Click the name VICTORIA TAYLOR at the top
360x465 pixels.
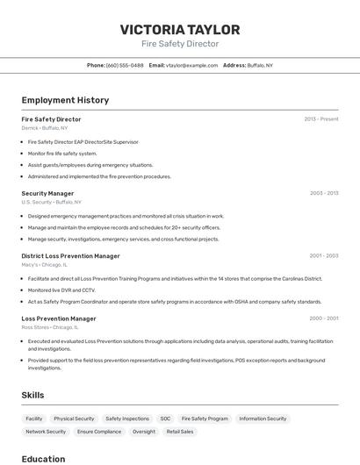point(180,29)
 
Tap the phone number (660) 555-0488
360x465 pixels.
point(125,65)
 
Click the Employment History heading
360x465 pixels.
point(65,100)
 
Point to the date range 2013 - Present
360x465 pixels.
point(321,118)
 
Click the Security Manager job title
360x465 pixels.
point(47,193)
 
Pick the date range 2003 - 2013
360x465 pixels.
point(324,193)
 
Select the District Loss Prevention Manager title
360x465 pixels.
point(70,256)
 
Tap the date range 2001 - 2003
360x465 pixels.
point(324,256)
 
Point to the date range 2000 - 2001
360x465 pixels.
point(324,318)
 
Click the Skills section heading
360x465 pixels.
point(32,395)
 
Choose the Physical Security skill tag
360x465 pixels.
point(74,418)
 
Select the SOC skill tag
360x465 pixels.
point(165,418)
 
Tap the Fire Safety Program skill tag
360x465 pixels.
point(205,418)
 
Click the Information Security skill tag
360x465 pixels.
point(263,418)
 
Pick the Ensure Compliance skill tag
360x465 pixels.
point(99,432)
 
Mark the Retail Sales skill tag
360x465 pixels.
point(180,432)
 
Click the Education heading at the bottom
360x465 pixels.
point(43,459)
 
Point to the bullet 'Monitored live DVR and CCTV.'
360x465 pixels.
point(61,290)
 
